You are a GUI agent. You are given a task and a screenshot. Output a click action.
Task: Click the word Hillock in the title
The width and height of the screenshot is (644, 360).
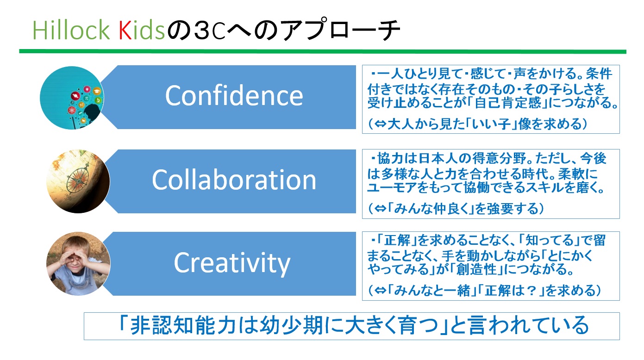(71, 30)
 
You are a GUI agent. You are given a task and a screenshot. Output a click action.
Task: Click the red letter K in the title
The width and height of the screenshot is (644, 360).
(125, 30)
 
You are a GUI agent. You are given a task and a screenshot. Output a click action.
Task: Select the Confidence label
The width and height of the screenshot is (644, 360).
(234, 96)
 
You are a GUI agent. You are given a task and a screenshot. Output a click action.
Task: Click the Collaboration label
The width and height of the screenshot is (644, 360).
(234, 180)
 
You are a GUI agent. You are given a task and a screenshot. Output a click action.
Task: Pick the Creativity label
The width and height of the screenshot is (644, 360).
(232, 263)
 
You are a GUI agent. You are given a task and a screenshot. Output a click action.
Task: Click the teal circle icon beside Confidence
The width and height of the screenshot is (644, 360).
(72, 98)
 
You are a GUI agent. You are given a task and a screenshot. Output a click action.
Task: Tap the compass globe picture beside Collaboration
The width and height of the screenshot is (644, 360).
(78, 181)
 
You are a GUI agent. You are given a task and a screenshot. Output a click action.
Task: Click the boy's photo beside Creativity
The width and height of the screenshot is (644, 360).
(78, 263)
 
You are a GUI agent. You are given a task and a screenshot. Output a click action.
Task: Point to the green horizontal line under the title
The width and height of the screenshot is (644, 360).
(323, 51)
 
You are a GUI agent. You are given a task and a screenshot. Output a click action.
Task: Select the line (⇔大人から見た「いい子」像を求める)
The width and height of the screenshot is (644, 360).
(477, 124)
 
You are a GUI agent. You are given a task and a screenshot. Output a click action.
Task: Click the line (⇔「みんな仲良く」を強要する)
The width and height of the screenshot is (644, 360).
(456, 209)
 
